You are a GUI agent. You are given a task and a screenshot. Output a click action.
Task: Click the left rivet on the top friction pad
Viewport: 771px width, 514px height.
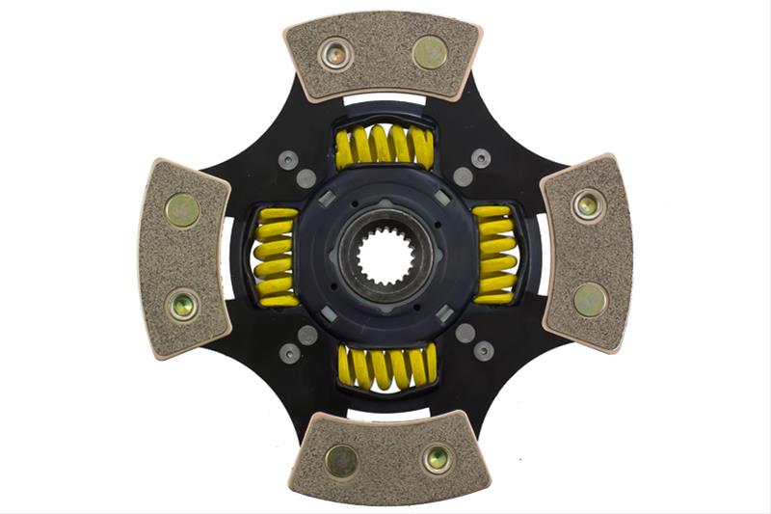336,54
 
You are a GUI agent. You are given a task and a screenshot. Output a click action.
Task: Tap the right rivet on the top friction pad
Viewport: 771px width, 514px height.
430,53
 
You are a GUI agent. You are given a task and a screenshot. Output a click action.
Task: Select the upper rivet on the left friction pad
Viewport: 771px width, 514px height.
182,209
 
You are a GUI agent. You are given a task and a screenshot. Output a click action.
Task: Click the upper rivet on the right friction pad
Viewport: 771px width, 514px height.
587,204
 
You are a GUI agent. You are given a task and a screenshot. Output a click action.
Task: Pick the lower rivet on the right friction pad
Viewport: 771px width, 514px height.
590,299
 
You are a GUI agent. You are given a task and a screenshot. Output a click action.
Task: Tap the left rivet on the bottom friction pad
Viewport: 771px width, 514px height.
341,460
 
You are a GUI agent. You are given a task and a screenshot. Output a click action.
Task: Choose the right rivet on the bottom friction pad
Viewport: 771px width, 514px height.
436,458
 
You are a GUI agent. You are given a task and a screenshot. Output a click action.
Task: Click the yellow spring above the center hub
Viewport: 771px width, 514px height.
385,148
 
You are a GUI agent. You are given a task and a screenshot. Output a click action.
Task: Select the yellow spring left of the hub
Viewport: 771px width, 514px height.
276,257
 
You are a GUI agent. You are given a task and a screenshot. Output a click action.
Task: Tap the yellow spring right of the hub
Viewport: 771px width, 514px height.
495,255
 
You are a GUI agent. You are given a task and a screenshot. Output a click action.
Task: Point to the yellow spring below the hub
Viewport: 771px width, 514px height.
386,366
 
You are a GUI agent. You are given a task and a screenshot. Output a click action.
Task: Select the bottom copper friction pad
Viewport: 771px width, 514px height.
388,458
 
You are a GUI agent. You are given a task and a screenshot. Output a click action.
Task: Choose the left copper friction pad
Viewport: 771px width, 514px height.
183,257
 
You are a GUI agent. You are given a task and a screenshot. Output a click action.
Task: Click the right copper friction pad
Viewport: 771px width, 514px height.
588,252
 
